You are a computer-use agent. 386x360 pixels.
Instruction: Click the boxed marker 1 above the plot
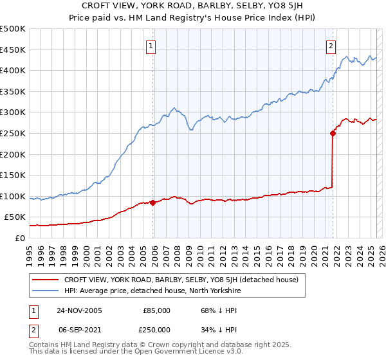tap(151, 46)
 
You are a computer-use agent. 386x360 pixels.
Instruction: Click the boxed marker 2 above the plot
tap(331, 46)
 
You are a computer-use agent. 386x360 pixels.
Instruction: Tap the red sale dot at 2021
tap(333, 134)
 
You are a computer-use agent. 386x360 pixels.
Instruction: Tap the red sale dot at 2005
tap(153, 203)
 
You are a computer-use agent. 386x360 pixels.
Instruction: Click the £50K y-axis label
tap(15, 217)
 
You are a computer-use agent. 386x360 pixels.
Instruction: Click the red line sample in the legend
tap(45, 280)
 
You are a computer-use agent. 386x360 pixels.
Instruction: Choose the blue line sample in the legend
tap(45, 291)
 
